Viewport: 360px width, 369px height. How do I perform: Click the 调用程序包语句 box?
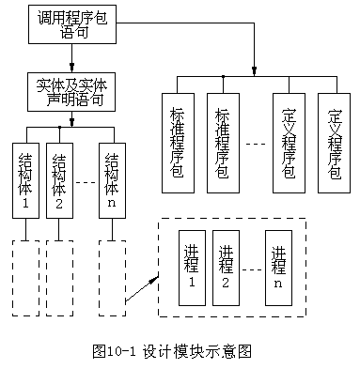click(67, 25)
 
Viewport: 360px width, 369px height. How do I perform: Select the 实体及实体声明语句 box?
click(65, 92)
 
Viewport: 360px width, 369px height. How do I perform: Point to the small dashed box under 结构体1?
click(25, 278)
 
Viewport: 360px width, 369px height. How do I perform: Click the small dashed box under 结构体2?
click(59, 278)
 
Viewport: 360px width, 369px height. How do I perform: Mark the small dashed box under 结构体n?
click(112, 278)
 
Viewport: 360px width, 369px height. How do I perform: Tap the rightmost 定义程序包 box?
click(334, 143)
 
